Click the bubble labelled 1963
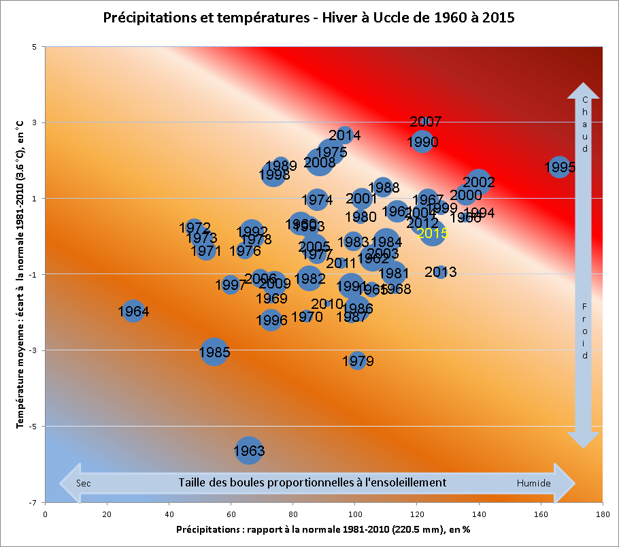pos(249,450)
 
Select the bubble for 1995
pos(559,167)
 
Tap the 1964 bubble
pos(133,312)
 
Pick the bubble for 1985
pos(214,352)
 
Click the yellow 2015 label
pos(433,233)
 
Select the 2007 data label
pos(426,122)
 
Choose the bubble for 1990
pos(422,142)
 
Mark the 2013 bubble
pos(441,272)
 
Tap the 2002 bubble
pos(479,182)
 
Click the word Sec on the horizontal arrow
pos(84,483)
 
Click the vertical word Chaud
pos(585,124)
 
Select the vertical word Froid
pos(585,331)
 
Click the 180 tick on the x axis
pos(602,514)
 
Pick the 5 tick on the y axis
pos(33,46)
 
